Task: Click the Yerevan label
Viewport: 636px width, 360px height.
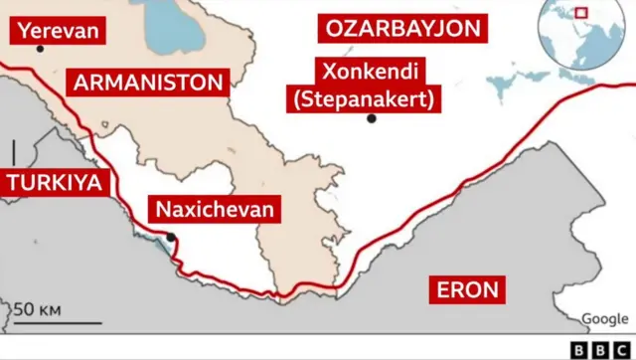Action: coord(59,31)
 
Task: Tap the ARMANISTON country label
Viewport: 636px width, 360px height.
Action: coord(147,82)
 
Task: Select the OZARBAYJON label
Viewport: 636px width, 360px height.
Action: coord(403,28)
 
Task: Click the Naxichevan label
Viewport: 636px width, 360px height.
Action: coord(213,209)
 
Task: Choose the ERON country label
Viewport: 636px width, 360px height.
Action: coord(468,290)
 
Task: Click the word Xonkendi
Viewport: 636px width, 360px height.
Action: coord(369,72)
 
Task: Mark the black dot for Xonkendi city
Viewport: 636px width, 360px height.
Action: coord(371,118)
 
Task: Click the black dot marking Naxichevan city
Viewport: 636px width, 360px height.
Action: coord(172,237)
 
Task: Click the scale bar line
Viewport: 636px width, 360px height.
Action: coord(57,322)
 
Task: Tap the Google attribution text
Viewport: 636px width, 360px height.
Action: coord(604,318)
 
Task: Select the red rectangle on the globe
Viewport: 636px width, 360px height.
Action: coord(580,14)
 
